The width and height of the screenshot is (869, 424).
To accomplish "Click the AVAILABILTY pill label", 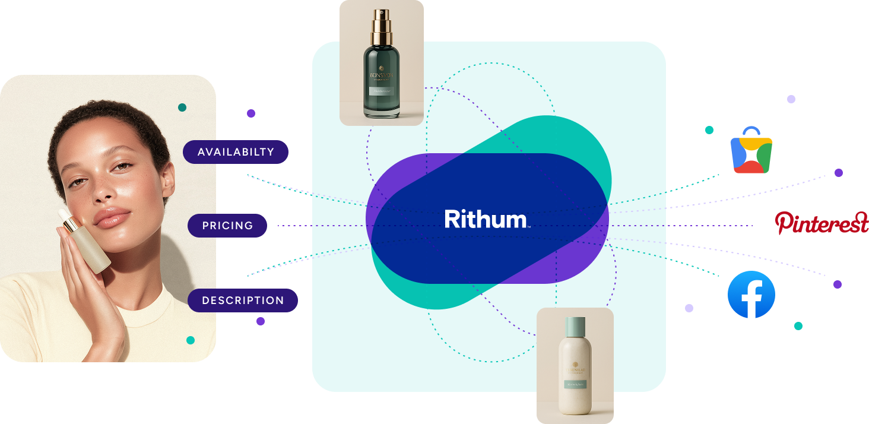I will (236, 152).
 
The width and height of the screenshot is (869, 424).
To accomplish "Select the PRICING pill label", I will (227, 226).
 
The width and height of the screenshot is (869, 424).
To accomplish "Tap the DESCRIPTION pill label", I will (243, 300).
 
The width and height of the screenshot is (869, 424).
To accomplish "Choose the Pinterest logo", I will (822, 223).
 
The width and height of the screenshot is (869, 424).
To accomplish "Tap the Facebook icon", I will (751, 295).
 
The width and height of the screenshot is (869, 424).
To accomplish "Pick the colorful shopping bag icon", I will (751, 151).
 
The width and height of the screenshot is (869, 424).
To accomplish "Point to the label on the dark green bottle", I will (381, 91).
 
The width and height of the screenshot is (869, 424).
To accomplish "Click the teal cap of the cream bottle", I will (575, 326).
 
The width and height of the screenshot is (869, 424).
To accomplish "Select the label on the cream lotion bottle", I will (575, 384).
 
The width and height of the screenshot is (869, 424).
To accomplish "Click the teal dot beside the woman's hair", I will (182, 107).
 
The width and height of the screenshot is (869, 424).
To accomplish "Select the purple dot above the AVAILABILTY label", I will (251, 113).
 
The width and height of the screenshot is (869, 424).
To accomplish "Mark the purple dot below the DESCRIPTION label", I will (261, 321).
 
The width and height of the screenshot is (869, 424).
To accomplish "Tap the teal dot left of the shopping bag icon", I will (709, 130).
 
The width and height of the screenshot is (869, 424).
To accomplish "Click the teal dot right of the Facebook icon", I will (798, 326).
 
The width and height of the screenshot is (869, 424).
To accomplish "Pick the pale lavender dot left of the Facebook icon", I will (689, 308).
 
